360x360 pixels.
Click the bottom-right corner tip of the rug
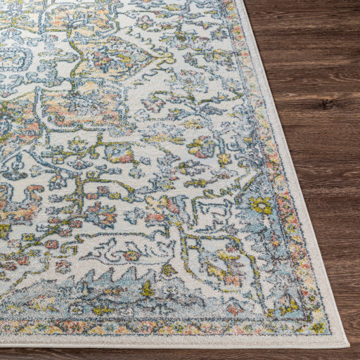pos(347,344)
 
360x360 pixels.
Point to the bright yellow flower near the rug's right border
pos(262,205)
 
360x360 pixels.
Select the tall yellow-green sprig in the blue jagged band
pos(146,288)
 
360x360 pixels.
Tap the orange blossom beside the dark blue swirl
pos(133,255)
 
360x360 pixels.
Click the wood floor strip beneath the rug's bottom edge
pos(176,354)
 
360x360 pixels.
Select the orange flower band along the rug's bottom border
pos(141,327)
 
